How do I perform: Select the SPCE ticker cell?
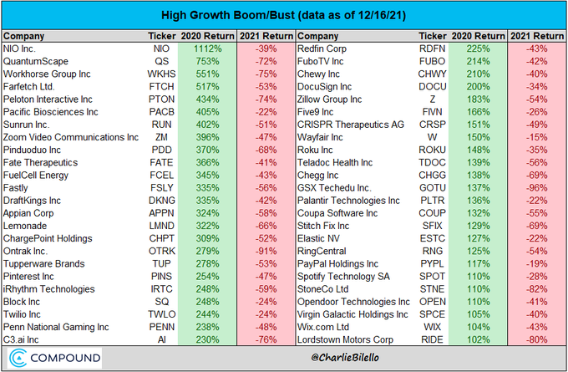(x=433, y=313)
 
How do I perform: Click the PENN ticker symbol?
(x=160, y=326)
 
